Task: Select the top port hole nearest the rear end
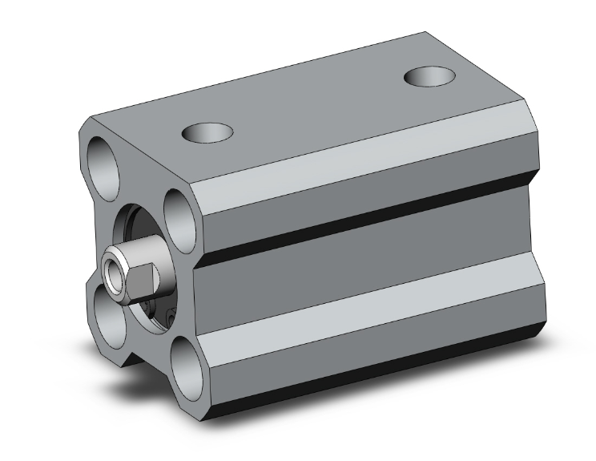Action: coord(429,78)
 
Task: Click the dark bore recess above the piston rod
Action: coord(136,220)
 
